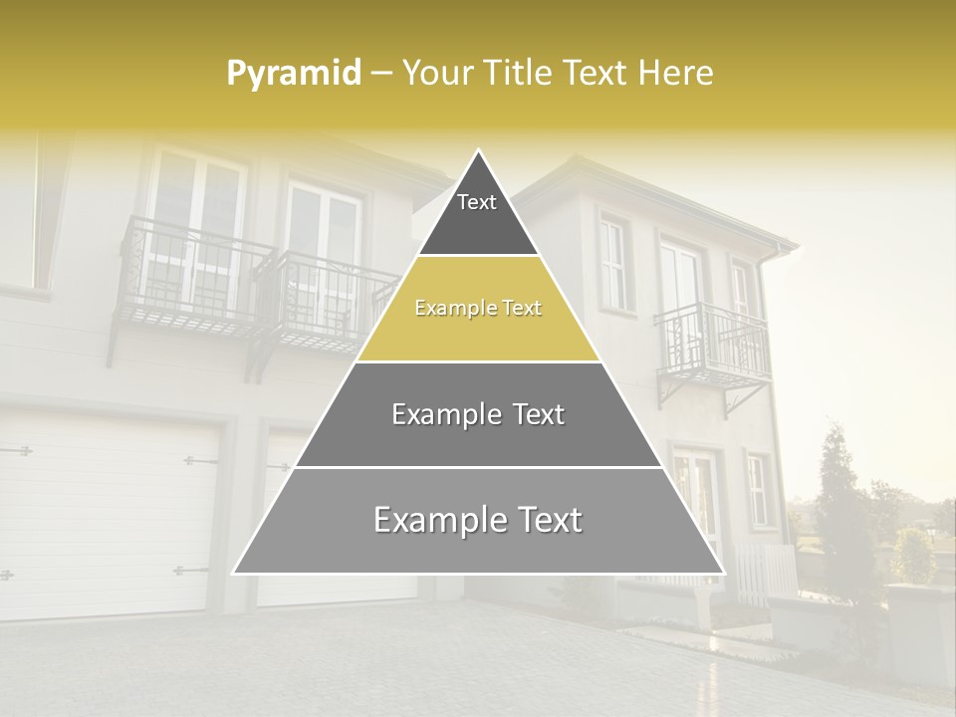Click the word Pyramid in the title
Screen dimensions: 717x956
[x=294, y=74]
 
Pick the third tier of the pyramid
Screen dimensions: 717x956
[x=478, y=415]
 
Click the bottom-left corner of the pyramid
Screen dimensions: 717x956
[x=235, y=573]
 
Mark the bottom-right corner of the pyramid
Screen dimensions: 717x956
[x=723, y=573]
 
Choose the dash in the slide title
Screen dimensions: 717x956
[x=381, y=74]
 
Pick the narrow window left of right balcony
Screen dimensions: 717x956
[x=613, y=263]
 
